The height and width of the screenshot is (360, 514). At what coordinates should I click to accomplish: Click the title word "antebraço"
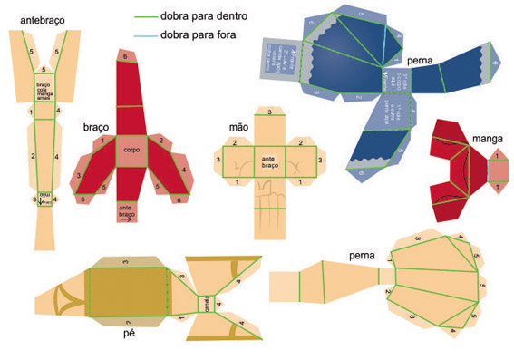click(x=41, y=19)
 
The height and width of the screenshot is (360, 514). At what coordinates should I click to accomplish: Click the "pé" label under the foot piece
click(x=129, y=333)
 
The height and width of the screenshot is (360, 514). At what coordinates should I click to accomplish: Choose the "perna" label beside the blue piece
click(x=420, y=61)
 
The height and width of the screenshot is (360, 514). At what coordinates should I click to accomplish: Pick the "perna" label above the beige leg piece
click(x=362, y=257)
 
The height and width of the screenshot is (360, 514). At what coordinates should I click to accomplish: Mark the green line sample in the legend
click(x=144, y=16)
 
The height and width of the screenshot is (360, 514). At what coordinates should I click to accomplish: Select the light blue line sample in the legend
click(x=144, y=35)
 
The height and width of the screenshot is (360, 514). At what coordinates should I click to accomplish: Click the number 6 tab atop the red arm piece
click(x=125, y=56)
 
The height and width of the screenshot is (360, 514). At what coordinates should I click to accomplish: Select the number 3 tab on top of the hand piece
click(x=268, y=112)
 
